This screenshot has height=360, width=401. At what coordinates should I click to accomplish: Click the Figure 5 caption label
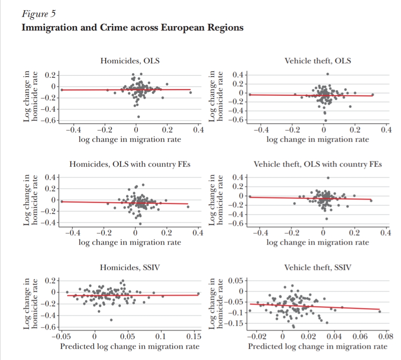pyautogui.click(x=39, y=15)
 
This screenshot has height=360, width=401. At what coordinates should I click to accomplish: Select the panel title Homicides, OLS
pyautogui.click(x=130, y=61)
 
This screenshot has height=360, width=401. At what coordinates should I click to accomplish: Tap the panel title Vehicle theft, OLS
pyautogui.click(x=318, y=61)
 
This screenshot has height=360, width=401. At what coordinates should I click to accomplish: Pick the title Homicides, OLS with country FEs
pyautogui.click(x=130, y=165)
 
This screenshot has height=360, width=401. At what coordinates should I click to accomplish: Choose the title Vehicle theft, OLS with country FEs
pyautogui.click(x=318, y=165)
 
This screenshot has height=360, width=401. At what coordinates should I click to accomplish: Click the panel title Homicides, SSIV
pyautogui.click(x=130, y=268)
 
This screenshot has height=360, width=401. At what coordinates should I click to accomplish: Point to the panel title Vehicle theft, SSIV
pyautogui.click(x=318, y=268)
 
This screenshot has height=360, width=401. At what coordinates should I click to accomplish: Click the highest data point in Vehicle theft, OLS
pyautogui.click(x=328, y=74)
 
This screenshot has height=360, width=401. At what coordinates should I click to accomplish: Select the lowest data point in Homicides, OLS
pyautogui.click(x=139, y=117)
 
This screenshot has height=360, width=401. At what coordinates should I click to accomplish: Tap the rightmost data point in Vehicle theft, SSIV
pyautogui.click(x=379, y=311)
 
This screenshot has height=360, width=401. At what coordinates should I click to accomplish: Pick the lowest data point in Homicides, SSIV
pyautogui.click(x=111, y=320)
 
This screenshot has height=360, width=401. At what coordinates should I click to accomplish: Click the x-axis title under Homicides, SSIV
pyautogui.click(x=130, y=346)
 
